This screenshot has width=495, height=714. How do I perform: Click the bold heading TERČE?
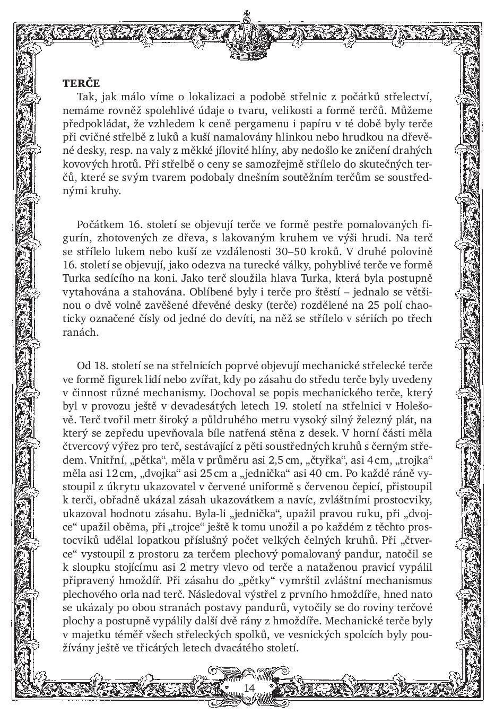(x=81, y=83)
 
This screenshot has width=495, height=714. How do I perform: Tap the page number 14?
(x=249, y=687)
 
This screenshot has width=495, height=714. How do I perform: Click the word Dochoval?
(x=229, y=393)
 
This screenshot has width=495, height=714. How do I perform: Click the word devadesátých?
(x=219, y=407)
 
